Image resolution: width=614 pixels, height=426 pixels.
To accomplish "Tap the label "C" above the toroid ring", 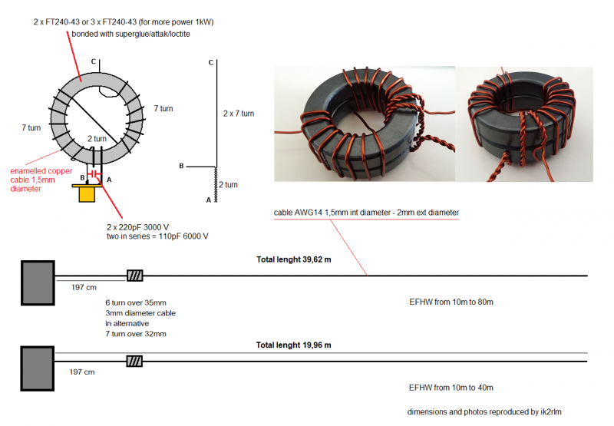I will click(x=93, y=61).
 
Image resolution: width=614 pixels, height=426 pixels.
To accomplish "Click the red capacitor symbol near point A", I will click(x=94, y=176).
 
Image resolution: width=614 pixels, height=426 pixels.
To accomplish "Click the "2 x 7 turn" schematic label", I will click(x=238, y=114).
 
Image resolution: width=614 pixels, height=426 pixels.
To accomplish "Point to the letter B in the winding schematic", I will click(x=181, y=166).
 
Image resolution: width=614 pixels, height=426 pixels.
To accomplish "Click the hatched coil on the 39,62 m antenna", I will click(x=135, y=276).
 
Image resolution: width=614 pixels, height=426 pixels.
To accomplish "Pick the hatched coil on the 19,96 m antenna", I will click(x=135, y=361).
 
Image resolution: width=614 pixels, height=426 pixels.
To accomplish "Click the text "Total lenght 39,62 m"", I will click(x=294, y=260).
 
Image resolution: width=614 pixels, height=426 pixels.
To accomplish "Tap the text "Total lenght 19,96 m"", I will click(x=294, y=345).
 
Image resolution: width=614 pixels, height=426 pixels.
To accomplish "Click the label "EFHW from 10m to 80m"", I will click(x=451, y=302).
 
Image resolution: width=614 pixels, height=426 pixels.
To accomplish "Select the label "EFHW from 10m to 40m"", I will click(x=451, y=388).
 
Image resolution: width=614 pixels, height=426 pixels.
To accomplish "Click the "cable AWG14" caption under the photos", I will click(x=366, y=212).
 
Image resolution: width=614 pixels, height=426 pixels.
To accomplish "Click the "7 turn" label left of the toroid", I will click(x=30, y=128).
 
